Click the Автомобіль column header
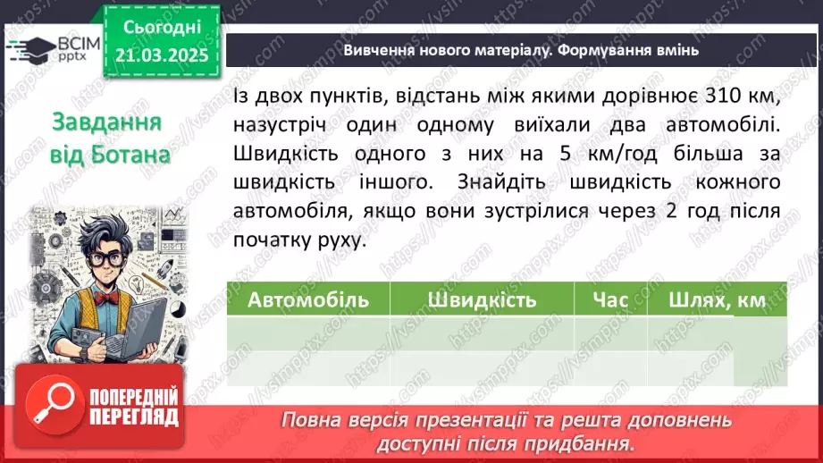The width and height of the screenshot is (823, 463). click(x=307, y=299)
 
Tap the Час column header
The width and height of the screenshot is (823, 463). click(x=610, y=299)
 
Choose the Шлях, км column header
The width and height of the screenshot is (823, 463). click(x=717, y=300)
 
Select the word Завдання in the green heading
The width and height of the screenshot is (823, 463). click(x=105, y=122)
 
